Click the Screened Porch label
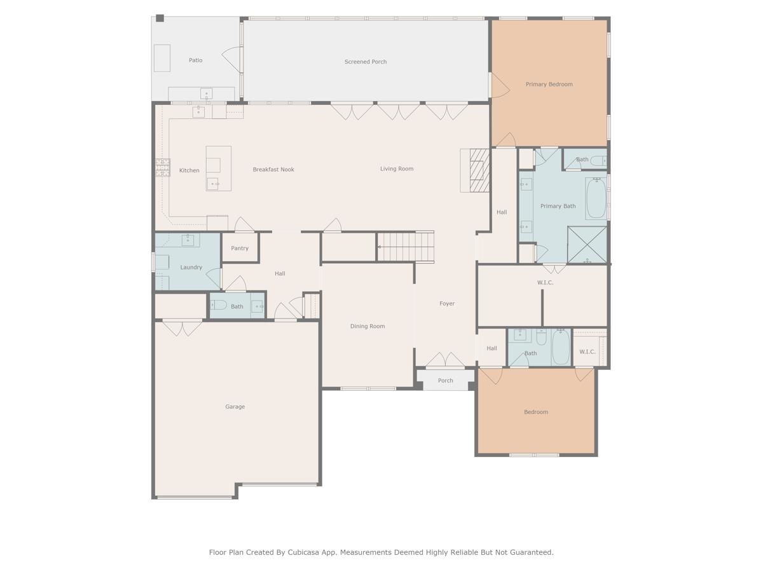[366, 62]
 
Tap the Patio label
[195, 60]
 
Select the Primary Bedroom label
[549, 85]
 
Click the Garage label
[235, 407]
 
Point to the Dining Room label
[368, 326]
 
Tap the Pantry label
[240, 249]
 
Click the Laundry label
[191, 268]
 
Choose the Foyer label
[447, 304]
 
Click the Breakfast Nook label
[273, 170]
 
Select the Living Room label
[397, 169]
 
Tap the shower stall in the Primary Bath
[587, 245]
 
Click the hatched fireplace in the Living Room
[479, 170]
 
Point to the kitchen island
[218, 168]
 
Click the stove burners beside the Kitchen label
[163, 167]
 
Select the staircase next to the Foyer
[406, 247]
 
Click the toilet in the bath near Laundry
[218, 305]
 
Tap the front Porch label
[445, 381]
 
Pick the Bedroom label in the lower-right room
[536, 412]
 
